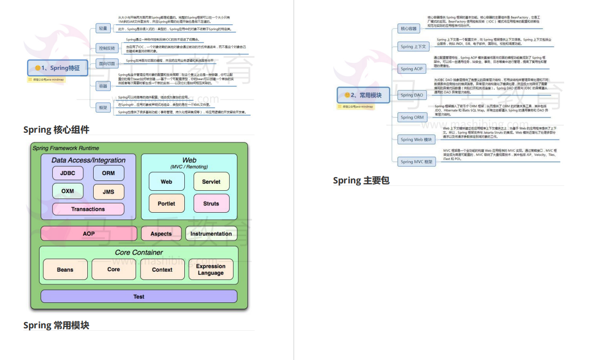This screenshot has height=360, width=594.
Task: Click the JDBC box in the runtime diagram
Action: (68, 173)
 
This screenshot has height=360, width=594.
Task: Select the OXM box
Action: (68, 191)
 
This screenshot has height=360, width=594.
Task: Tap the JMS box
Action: (108, 192)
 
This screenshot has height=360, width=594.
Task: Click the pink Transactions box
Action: (88, 209)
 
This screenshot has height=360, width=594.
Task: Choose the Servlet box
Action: (211, 182)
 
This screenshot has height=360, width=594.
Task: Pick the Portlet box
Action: (166, 203)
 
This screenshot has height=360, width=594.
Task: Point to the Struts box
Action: (211, 203)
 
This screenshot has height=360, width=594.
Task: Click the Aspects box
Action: (161, 234)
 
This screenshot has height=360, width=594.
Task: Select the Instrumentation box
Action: (211, 234)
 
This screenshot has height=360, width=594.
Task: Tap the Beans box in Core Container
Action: (65, 269)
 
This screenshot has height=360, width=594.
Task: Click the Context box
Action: (162, 269)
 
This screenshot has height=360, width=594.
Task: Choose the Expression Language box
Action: (211, 269)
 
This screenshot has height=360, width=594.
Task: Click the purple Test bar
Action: (139, 297)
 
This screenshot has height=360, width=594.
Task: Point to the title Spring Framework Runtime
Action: (66, 148)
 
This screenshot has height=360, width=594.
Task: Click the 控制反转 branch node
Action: (107, 48)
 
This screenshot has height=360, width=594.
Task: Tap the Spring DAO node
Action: (412, 95)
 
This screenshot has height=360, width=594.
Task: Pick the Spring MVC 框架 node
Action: (416, 161)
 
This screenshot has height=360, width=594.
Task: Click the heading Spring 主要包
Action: (361, 180)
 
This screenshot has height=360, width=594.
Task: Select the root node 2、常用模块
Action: (364, 95)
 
